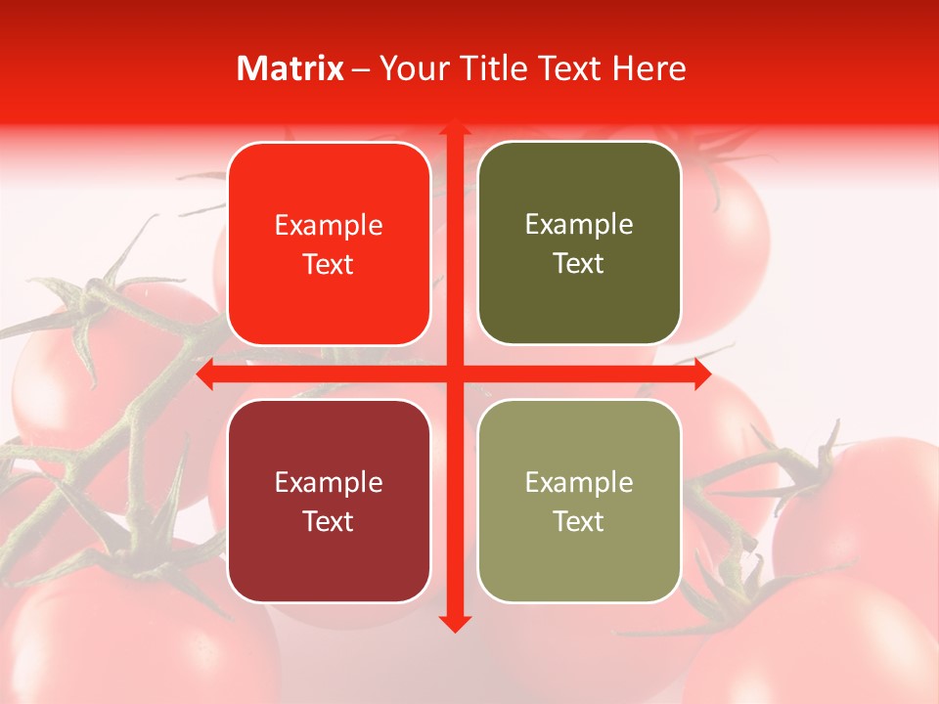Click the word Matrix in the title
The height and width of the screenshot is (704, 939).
click(x=291, y=68)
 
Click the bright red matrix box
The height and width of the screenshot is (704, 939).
click(x=329, y=243)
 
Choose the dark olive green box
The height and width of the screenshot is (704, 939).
click(x=579, y=243)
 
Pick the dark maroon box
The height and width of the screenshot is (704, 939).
click(x=329, y=501)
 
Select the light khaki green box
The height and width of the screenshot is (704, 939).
click(x=579, y=501)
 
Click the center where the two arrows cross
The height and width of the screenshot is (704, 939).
click(x=454, y=374)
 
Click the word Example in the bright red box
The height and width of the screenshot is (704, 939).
click(x=329, y=226)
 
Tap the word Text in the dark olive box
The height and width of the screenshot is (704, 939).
click(x=579, y=263)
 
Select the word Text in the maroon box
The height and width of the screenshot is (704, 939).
click(x=329, y=521)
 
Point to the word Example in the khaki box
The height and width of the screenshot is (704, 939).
click(x=579, y=482)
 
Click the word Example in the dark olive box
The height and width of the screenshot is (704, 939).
click(x=579, y=225)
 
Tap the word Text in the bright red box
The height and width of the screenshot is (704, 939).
click(x=329, y=264)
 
